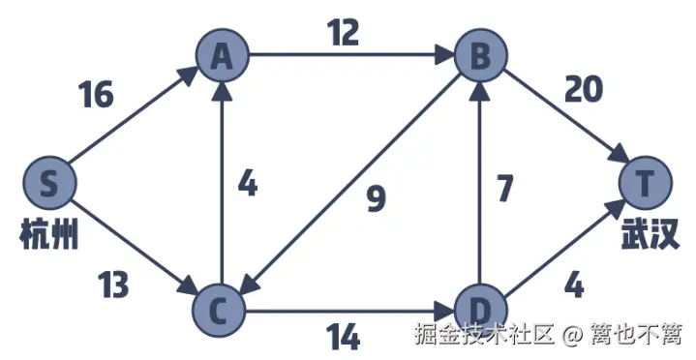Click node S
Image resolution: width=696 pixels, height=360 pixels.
coord(49,181)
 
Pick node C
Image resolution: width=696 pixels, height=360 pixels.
coord(222,310)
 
